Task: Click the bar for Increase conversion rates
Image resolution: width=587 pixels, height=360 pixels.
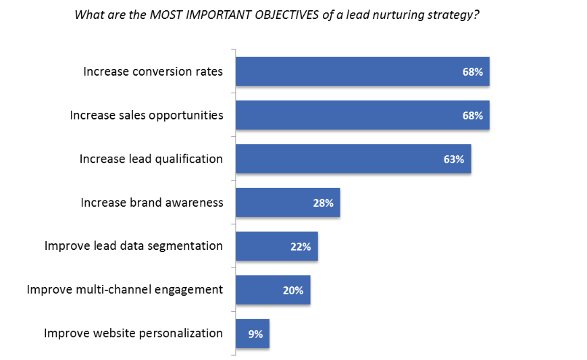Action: pos(362,72)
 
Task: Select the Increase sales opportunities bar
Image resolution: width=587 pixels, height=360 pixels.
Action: pos(362,115)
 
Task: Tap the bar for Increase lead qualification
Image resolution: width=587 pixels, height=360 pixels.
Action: pos(353,159)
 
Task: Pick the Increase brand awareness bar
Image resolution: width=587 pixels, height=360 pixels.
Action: pos(287,203)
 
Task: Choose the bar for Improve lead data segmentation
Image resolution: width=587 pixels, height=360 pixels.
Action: pos(276,247)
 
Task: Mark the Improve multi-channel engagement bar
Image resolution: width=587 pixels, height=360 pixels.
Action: pos(273,290)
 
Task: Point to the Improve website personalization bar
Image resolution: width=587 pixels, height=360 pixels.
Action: pos(252,334)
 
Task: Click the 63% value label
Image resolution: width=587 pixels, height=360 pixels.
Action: pos(453,159)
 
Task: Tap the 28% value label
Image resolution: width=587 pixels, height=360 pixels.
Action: pos(323,203)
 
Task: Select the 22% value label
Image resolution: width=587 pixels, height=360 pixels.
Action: pos(301,247)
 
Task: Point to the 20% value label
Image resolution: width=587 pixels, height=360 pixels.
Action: pos(293,290)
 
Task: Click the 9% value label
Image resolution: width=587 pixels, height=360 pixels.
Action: pos(255,334)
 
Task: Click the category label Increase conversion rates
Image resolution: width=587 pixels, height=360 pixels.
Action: pos(153,71)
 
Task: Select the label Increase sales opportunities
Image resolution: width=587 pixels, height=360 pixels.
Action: pos(146,115)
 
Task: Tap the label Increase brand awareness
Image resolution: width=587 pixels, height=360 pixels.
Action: pos(151,202)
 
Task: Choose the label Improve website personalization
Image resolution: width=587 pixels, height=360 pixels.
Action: pos(133,333)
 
